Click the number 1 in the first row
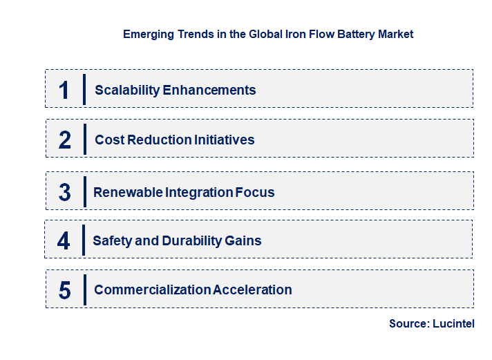64,90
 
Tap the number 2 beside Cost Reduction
65,140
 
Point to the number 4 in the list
64,241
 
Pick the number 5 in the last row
65,290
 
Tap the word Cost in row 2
109,140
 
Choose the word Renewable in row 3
129,192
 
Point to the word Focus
255,192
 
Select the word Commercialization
153,290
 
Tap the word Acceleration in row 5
252,290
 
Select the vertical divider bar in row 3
84,191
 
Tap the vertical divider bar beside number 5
84,290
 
